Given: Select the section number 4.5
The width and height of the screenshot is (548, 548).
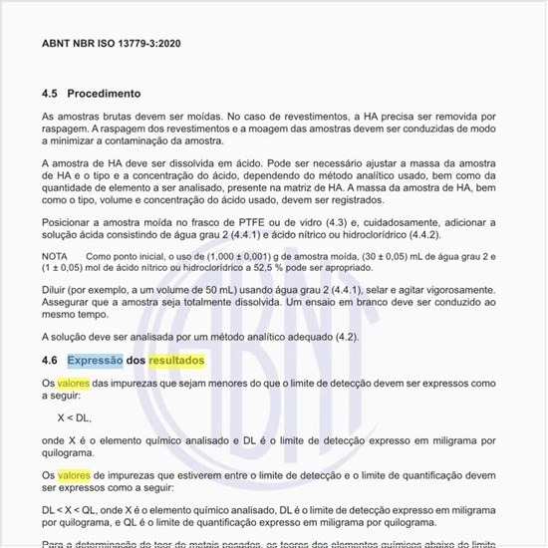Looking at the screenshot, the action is point(50,94).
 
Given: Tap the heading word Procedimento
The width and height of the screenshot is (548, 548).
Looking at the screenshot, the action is point(104,94).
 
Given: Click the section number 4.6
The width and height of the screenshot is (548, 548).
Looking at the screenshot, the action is point(50,359).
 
